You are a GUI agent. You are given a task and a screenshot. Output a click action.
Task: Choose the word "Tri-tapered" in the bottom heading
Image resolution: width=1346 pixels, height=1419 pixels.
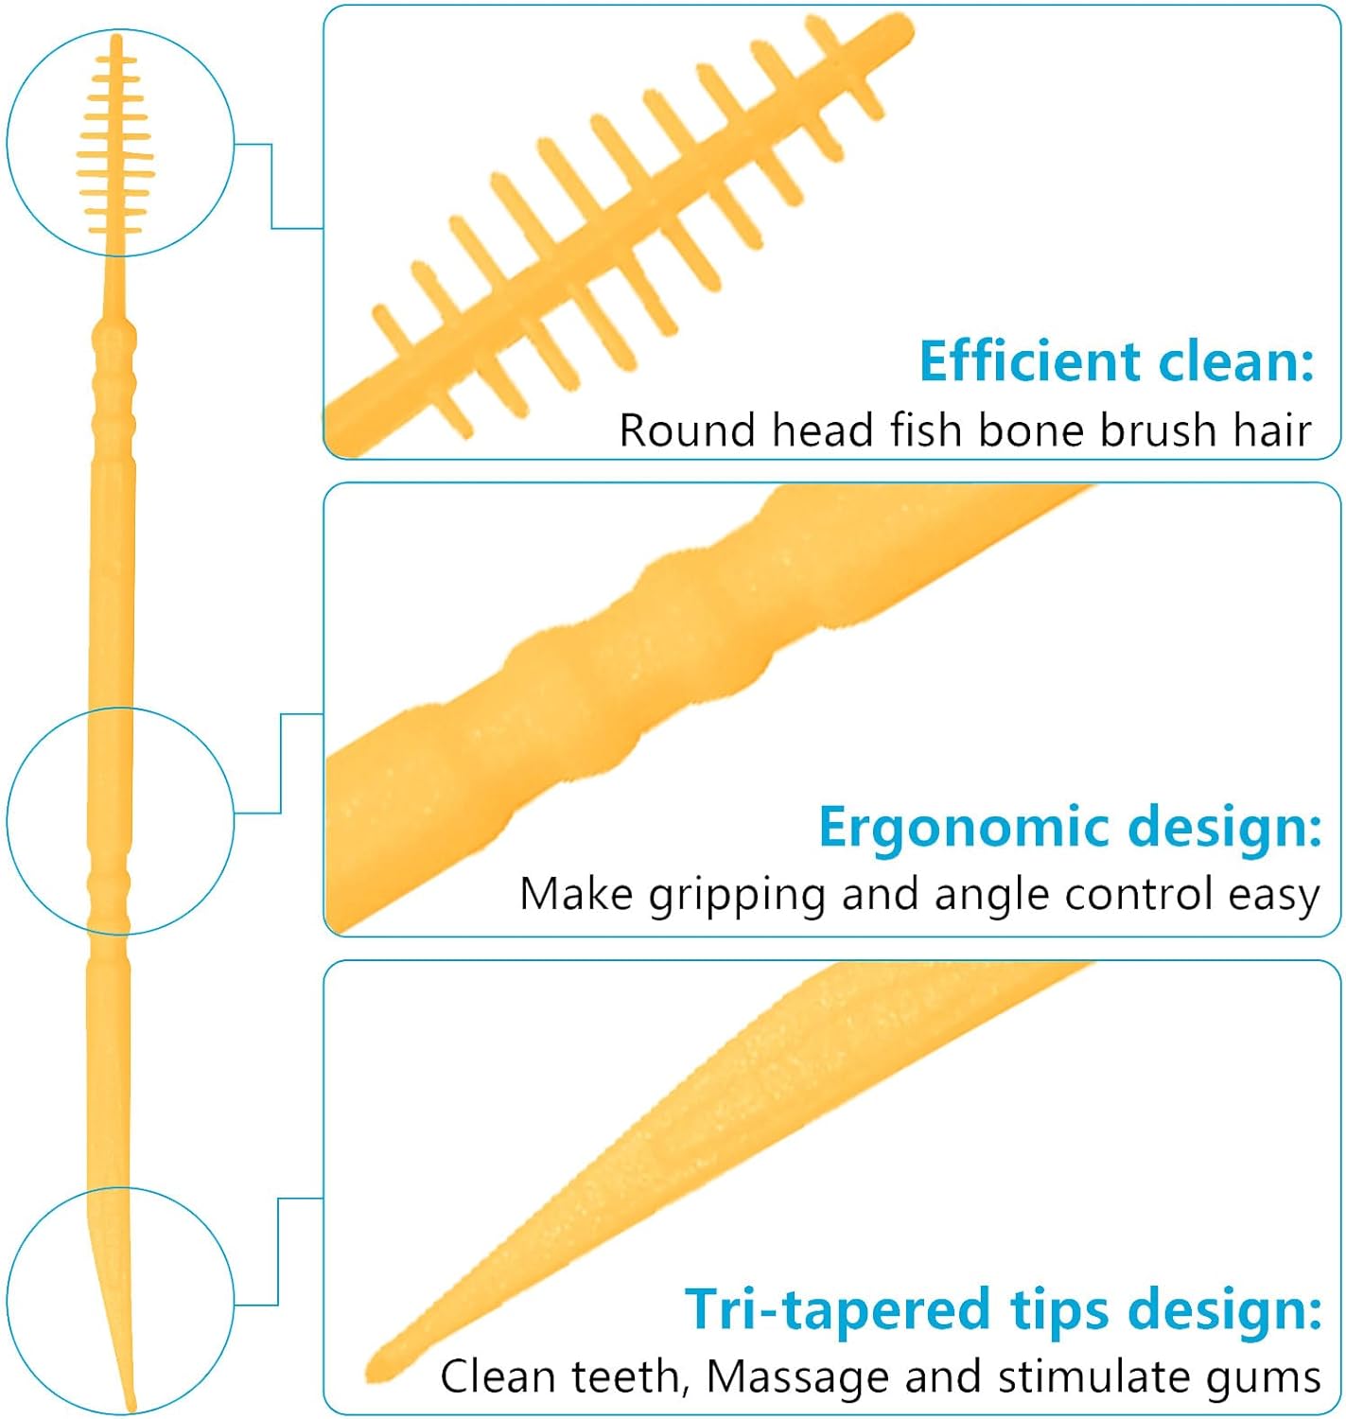(837, 1309)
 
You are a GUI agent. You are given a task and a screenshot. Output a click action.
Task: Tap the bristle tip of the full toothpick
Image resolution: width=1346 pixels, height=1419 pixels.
(116, 40)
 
